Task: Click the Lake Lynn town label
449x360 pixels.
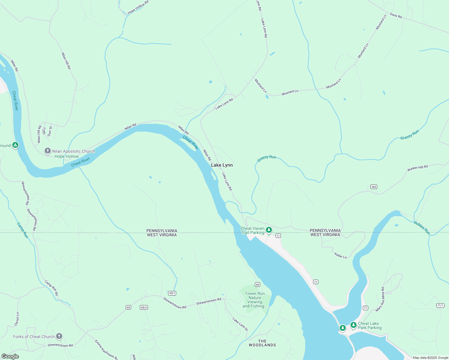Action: click(222, 165)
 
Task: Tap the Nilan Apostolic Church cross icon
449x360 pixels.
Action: click(47, 151)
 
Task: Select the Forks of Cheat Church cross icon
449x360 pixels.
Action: click(59, 336)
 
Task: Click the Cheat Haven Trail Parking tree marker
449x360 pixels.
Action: click(269, 230)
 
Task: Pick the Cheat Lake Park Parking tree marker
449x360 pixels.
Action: click(353, 325)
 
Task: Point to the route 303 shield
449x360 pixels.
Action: click(373, 187)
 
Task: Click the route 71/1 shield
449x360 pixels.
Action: click(440, 305)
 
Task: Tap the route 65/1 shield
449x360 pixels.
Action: click(172, 293)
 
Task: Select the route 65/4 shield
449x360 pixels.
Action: click(144, 307)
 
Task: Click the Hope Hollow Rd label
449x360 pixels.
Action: click(138, 7)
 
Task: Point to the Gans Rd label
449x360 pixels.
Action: click(396, 16)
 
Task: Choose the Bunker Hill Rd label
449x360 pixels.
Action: click(417, 168)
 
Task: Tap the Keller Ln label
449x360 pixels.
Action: click(341, 256)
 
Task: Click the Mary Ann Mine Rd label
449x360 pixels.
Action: click(380, 299)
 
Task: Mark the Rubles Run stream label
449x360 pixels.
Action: click(422, 228)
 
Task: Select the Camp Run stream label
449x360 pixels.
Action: click(23, 230)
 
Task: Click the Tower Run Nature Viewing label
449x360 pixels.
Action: click(255, 300)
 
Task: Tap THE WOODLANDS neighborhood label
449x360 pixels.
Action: click(262, 343)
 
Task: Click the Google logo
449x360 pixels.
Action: click(10, 356)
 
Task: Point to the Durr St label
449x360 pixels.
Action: click(50, 131)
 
